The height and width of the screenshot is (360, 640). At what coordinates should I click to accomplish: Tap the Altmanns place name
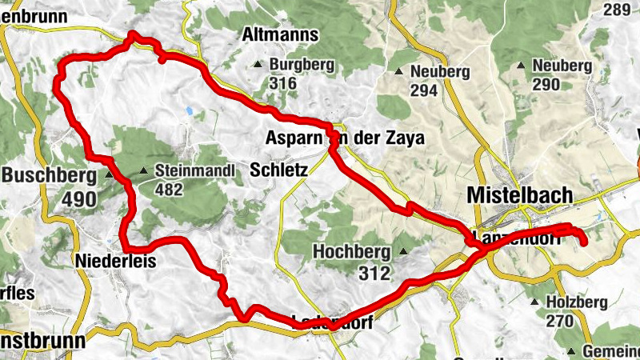(279, 35)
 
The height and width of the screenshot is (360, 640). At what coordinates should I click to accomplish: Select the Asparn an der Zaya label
(345, 138)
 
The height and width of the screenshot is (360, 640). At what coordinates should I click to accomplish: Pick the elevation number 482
(170, 189)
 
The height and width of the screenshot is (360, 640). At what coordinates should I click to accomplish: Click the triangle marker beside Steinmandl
(144, 170)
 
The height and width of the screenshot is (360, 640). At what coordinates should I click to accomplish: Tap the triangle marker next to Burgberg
(258, 65)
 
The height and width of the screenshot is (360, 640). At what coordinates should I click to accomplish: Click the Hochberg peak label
(352, 252)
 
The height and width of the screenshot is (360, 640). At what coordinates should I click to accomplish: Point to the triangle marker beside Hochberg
(403, 252)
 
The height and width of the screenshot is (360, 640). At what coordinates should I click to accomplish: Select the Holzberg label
(576, 302)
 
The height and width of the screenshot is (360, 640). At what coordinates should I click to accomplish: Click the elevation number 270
(559, 321)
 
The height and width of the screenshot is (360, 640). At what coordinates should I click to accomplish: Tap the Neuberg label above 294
(439, 72)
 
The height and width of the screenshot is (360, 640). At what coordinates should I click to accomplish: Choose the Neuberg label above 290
(561, 66)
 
